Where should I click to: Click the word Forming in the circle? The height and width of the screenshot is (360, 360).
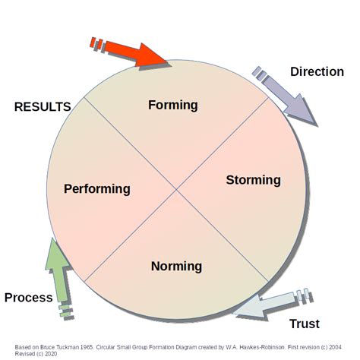pyautogui.click(x=172, y=105)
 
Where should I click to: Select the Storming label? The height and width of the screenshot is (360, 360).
pyautogui.click(x=253, y=180)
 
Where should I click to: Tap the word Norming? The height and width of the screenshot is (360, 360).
pyautogui.click(x=176, y=266)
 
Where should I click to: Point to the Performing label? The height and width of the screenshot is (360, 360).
pyautogui.click(x=96, y=188)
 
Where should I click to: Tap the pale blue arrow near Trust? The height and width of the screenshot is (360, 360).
pyautogui.click(x=270, y=303)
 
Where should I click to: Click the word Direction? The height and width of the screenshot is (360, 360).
pyautogui.click(x=317, y=72)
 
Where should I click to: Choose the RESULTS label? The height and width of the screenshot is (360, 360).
pyautogui.click(x=43, y=107)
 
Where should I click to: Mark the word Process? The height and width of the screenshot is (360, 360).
pyautogui.click(x=28, y=297)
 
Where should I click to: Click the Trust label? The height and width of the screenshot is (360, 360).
pyautogui.click(x=305, y=324)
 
